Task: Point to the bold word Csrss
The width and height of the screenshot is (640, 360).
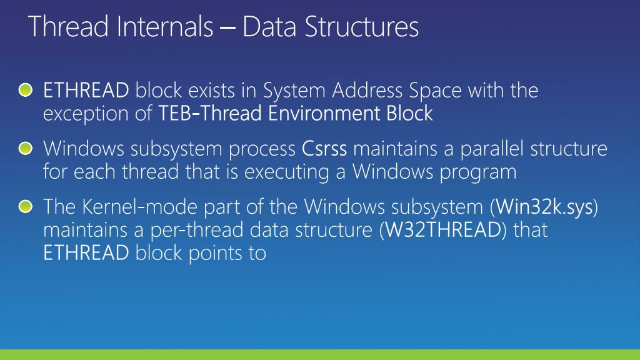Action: point(324,149)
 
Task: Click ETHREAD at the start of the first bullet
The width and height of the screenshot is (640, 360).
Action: point(86,91)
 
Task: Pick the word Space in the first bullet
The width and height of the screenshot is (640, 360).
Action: point(435,91)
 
